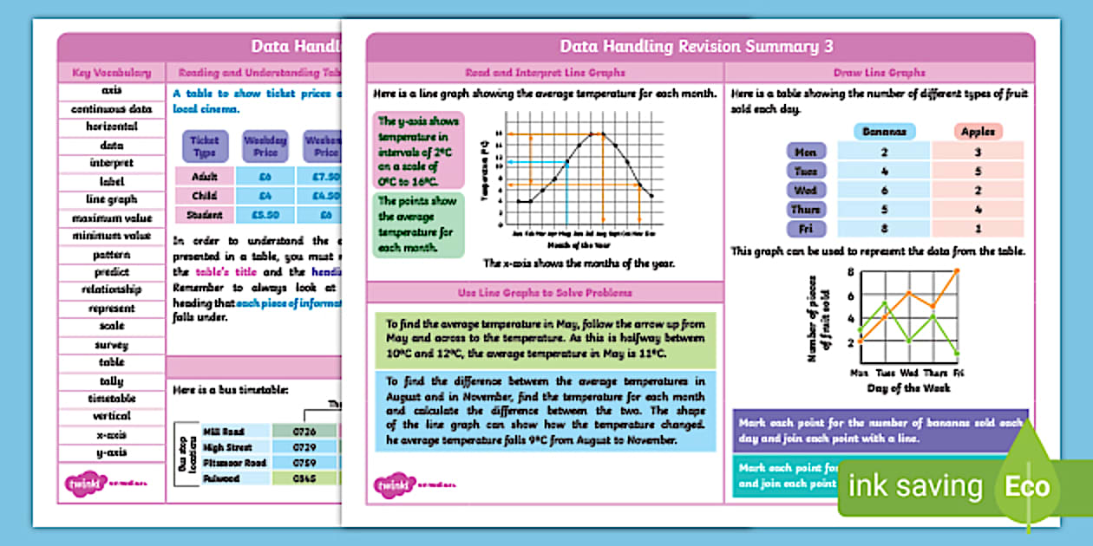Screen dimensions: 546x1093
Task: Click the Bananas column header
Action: [885, 132]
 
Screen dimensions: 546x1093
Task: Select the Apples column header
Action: [978, 132]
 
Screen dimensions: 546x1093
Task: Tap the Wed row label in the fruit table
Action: [806, 190]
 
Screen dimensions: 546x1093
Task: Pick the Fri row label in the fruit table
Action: [806, 229]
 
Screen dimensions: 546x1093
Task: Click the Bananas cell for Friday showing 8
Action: [885, 229]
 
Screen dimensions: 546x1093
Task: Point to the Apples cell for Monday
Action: [978, 152]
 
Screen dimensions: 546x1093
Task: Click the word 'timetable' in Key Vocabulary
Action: [111, 399]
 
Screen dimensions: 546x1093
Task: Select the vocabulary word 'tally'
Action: [111, 380]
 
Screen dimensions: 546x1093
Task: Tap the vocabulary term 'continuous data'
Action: [111, 109]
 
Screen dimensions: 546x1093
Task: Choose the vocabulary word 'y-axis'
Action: [111, 452]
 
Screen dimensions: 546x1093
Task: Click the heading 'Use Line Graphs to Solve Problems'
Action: [545, 292]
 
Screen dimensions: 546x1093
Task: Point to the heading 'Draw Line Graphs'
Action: [879, 73]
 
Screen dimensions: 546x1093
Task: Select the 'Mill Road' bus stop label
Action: [223, 432]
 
